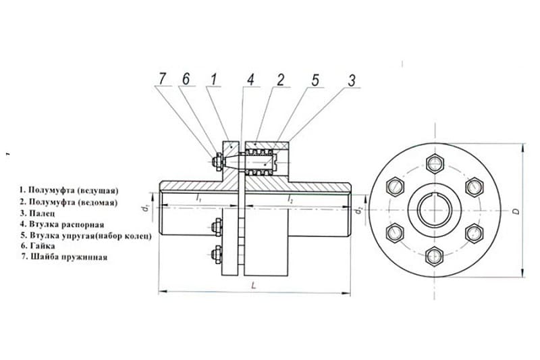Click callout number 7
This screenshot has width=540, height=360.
(162, 78)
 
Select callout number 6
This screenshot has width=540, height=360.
(186, 78)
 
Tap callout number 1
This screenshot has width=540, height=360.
(214, 79)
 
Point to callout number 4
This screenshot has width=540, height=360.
(250, 80)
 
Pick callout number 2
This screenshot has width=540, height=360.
(281, 80)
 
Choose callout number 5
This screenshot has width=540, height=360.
(315, 80)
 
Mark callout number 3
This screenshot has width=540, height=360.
(351, 80)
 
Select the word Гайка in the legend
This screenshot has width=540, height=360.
(43, 246)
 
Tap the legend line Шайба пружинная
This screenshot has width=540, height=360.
(69, 257)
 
